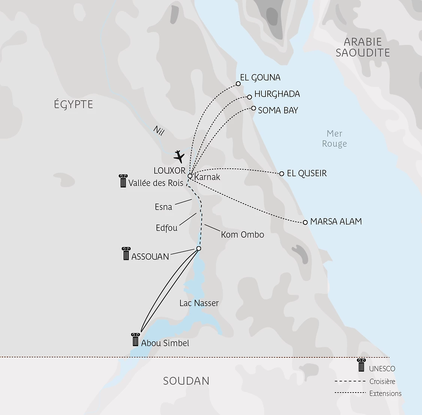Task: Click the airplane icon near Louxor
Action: point(179,156)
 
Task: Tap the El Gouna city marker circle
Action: point(238,83)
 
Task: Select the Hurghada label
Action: point(277,94)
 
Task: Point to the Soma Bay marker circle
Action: point(253,109)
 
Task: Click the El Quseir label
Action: point(307,174)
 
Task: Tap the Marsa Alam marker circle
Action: point(305,222)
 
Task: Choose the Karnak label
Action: point(207,177)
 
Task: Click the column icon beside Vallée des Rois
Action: point(122,181)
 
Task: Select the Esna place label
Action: point(164,207)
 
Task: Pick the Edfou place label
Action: point(167,228)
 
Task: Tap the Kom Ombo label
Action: point(242,235)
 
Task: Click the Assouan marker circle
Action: point(199,248)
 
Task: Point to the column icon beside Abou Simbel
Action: point(135,339)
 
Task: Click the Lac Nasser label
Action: point(199,303)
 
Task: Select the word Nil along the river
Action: point(159,131)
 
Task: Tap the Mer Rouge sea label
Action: point(334,139)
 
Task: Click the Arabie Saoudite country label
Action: point(362,47)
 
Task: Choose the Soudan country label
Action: point(186,381)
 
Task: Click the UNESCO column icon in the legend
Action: point(361,365)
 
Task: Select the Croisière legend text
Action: point(382,382)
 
